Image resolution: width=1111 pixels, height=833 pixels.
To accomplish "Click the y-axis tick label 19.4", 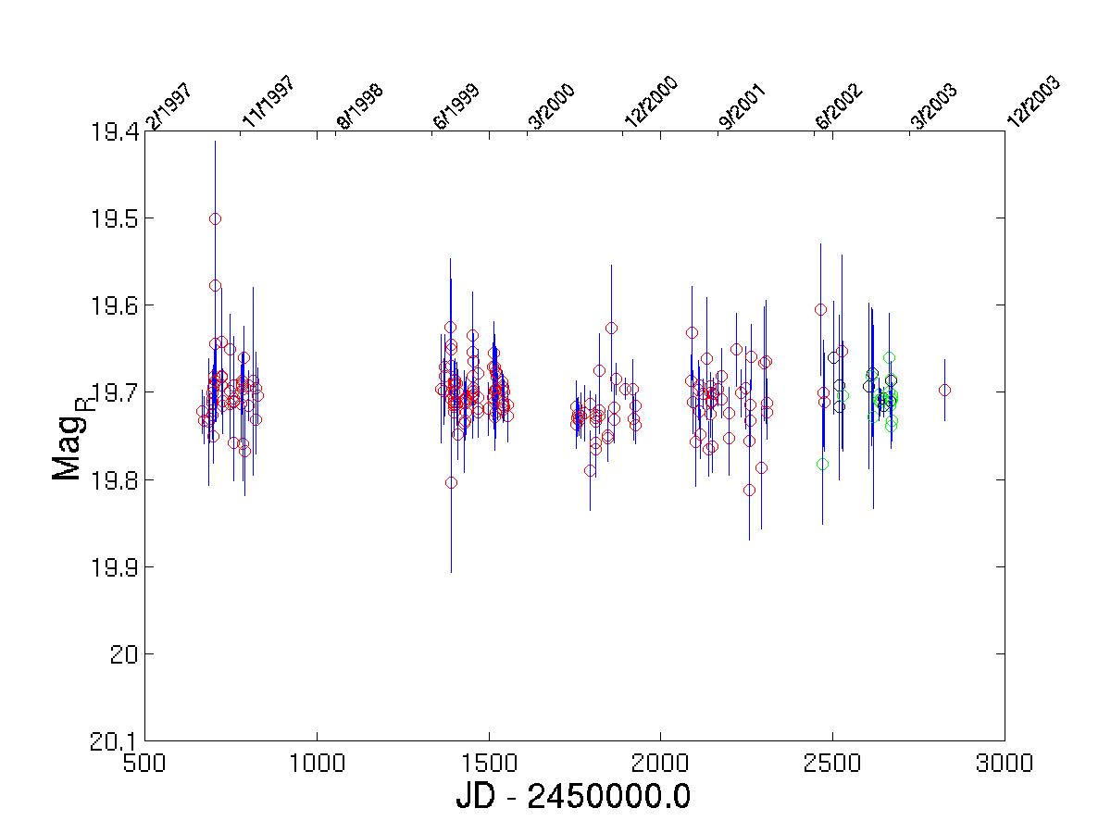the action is (x=113, y=132).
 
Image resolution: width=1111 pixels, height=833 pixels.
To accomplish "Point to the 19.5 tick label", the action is (x=113, y=219).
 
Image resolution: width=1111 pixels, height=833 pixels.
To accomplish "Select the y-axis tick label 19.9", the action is (x=113, y=568).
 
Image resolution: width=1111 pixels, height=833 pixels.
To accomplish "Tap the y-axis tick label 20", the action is (x=124, y=655).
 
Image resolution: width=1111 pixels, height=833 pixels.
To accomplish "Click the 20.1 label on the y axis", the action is (x=113, y=742).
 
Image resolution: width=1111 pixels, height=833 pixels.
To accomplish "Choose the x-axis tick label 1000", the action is (x=317, y=764).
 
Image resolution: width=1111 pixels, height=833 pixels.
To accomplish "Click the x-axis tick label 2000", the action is (x=660, y=764).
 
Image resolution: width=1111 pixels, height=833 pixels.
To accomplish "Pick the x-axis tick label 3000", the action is (x=1005, y=764).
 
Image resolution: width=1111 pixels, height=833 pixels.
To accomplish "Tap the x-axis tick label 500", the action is (x=144, y=764).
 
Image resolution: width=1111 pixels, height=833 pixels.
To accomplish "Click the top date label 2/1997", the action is (x=169, y=106).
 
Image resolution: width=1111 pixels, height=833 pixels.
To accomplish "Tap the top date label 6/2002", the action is (x=839, y=106).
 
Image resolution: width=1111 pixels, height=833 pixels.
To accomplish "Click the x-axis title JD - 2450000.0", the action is (x=573, y=797).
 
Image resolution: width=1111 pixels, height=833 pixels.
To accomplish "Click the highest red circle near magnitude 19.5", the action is (x=215, y=219).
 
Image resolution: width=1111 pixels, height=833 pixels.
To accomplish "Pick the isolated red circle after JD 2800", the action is (x=944, y=390).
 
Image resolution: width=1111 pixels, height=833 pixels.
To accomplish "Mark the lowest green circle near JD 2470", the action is (x=822, y=465).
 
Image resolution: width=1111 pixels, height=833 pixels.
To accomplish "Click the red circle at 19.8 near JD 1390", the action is (x=451, y=483).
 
